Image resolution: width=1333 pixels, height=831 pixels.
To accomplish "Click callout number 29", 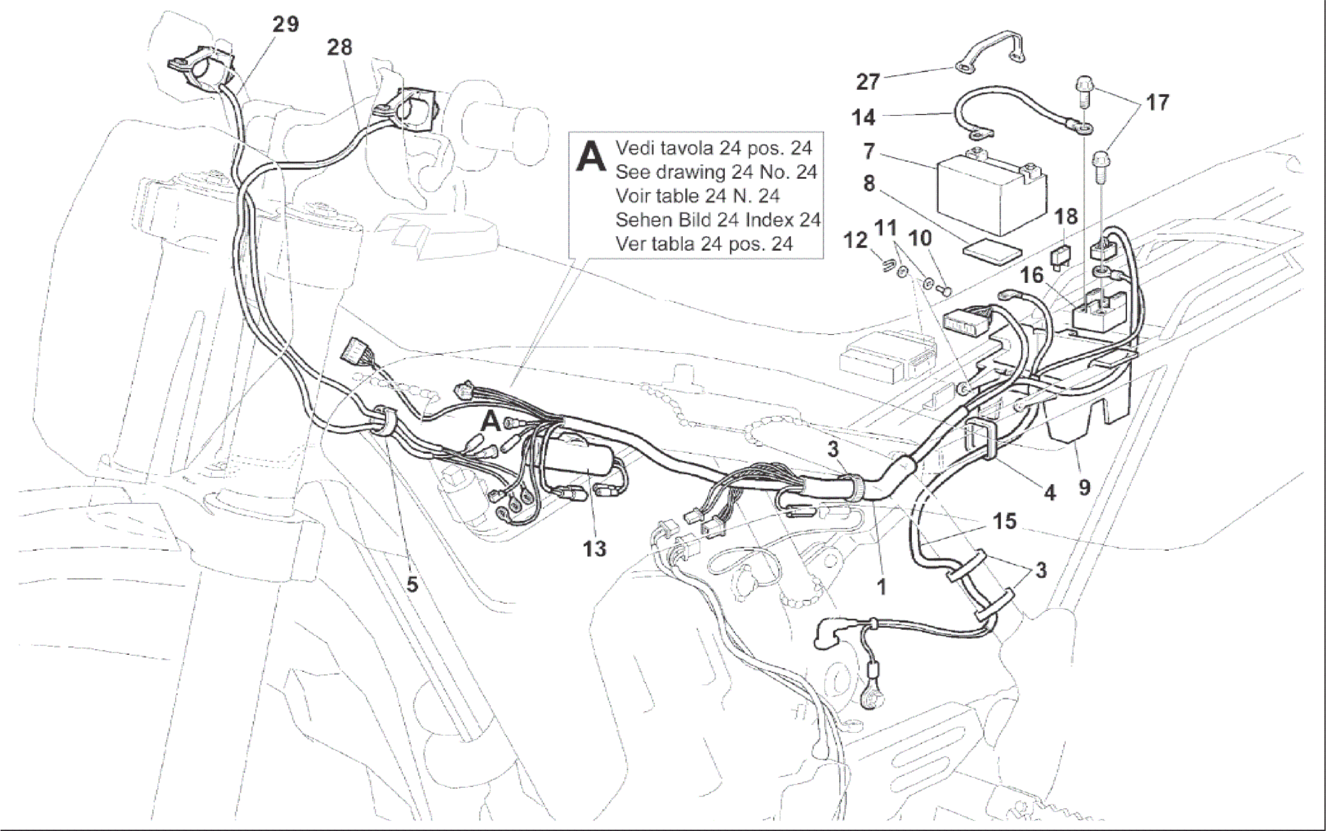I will click(285, 24).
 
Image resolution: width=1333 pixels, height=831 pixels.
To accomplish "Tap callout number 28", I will click(339, 47).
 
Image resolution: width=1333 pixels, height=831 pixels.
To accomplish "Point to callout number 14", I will click(863, 118).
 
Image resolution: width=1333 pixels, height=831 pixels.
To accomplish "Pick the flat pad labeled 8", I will click(992, 252).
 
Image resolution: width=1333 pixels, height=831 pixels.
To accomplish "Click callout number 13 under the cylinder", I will click(594, 549).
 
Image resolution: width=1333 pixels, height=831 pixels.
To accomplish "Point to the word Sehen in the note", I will click(642, 219).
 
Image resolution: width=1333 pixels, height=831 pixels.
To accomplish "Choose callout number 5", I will click(412, 584).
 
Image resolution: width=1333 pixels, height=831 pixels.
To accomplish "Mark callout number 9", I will click(1084, 486).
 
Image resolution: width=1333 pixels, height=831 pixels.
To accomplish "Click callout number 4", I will click(1049, 492).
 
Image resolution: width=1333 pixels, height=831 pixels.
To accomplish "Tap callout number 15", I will click(1005, 521).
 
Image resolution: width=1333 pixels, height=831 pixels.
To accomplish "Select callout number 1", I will click(882, 586).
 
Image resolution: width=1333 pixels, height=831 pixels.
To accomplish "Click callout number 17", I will click(1157, 103).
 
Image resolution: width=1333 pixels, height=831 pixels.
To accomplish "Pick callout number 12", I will click(856, 241).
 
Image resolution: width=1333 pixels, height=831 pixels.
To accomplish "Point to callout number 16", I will click(1032, 276).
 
